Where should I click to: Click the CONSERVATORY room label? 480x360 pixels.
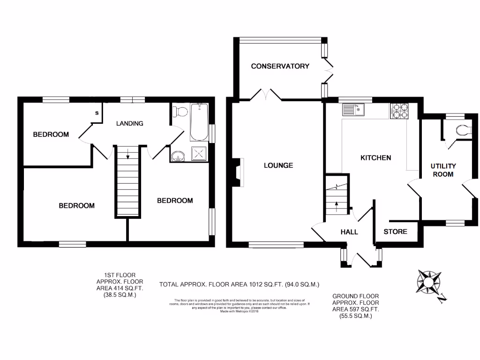pos(280,66)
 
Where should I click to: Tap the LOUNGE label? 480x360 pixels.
pos(278,165)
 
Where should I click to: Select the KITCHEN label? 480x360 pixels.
pos(375,157)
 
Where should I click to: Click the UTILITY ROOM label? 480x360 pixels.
pos(443,170)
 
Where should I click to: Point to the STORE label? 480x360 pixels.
pos(395,232)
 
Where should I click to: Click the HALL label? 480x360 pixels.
pos(349,232)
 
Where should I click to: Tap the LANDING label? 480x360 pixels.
pos(129,123)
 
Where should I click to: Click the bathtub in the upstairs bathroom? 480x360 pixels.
pos(199,122)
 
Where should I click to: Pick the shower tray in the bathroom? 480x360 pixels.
pos(199,153)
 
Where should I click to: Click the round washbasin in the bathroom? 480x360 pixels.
pos(178,156)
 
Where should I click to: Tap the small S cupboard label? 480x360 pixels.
pos(97,113)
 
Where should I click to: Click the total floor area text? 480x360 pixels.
pos(239,284)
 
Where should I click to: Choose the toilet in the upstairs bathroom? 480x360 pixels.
pos(179,112)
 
